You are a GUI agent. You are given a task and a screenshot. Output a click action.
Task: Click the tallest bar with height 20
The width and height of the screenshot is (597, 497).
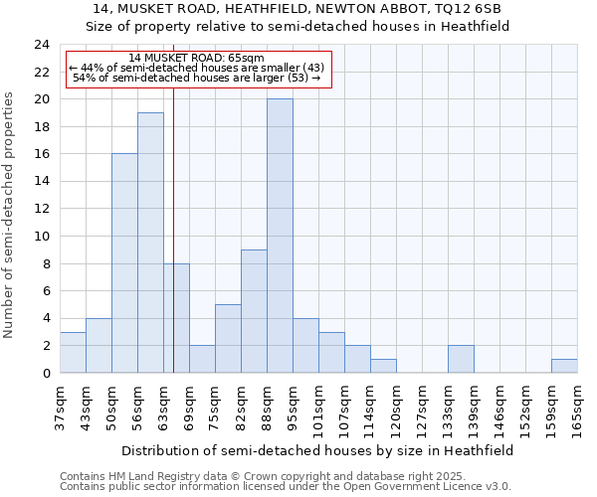click(280, 236)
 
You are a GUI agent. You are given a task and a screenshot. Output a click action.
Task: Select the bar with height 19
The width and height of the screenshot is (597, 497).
click(150, 243)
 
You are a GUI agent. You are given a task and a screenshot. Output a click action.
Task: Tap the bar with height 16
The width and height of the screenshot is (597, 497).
click(124, 263)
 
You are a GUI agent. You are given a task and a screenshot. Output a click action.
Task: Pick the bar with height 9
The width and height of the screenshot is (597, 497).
click(254, 311)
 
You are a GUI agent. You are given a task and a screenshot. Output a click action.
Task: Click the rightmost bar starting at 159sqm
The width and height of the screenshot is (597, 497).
click(564, 366)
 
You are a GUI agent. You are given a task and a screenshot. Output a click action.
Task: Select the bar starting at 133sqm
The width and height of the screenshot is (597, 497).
click(461, 359)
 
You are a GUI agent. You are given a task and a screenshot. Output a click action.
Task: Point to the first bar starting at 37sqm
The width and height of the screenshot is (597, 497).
click(73, 352)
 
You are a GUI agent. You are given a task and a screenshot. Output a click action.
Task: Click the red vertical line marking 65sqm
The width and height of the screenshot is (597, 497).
click(173, 229)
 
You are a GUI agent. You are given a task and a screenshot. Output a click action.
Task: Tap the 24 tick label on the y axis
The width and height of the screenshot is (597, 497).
click(41, 45)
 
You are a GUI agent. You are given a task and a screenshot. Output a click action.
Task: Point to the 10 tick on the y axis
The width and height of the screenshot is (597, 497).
click(41, 237)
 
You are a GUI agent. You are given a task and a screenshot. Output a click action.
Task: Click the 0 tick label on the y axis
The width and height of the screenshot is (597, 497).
click(45, 373)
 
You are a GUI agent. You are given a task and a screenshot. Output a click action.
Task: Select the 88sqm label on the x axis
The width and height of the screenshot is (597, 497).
click(267, 408)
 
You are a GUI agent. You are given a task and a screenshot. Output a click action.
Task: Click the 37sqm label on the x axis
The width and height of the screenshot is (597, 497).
click(60, 408)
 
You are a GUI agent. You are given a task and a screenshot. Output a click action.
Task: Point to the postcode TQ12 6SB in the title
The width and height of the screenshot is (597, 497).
click(463, 9)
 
